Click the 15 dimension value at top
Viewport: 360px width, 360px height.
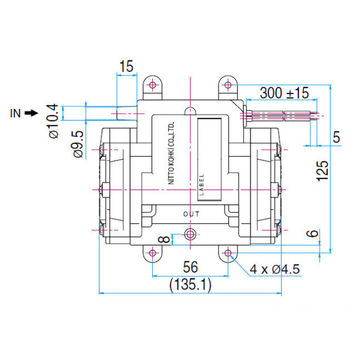point(127,66)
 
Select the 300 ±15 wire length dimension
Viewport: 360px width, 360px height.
point(284,93)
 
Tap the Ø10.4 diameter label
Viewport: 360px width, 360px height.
point(53,121)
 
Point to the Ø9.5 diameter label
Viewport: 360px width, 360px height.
point(78,144)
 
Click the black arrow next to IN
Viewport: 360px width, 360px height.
point(31,113)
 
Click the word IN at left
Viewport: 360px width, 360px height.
point(15,114)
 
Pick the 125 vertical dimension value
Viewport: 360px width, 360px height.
point(322,171)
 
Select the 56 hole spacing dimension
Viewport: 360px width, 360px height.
point(190,267)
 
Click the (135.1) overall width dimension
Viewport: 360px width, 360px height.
point(190,285)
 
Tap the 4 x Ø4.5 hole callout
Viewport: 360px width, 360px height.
point(275,269)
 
